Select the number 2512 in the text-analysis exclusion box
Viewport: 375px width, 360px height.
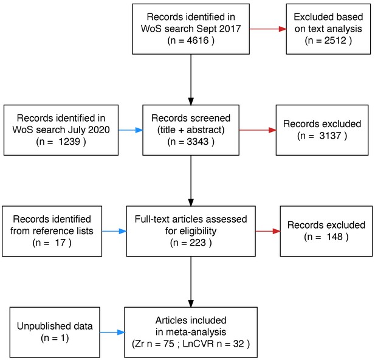(335, 40)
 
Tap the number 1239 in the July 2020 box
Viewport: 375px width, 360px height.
(69, 142)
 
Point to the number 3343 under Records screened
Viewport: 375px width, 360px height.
(198, 142)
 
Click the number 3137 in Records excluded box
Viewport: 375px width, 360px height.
(330, 136)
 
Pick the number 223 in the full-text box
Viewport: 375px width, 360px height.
(198, 243)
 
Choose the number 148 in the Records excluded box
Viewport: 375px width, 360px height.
(335, 237)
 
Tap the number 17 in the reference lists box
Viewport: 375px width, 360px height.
(60, 243)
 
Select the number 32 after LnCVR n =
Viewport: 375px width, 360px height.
(238, 344)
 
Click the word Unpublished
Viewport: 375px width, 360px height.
(40, 327)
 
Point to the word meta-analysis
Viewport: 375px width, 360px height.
(196, 332)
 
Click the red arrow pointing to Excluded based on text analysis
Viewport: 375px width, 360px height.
(268, 29)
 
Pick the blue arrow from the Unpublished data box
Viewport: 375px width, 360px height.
(112, 332)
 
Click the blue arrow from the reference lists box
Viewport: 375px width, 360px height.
(114, 231)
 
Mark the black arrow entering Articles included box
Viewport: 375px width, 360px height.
(191, 282)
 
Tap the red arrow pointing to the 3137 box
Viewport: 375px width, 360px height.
(258, 130)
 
